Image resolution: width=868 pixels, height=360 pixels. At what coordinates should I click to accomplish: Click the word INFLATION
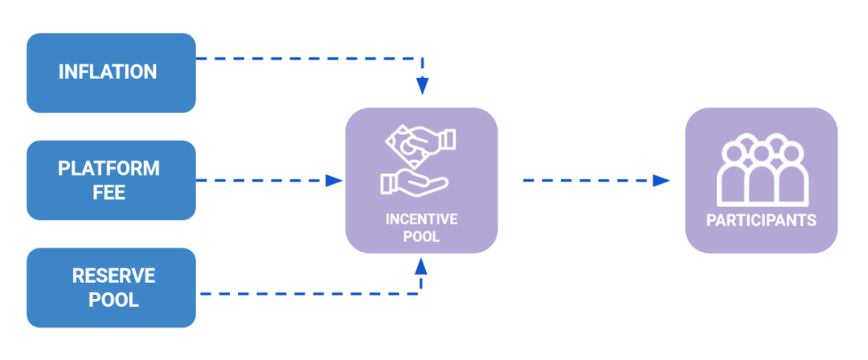tap(108, 72)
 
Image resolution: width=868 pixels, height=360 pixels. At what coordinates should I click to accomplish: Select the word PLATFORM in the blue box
tap(108, 169)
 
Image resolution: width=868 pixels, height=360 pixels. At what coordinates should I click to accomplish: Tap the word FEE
tap(108, 193)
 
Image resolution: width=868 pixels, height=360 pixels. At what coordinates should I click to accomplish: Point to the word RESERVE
tap(113, 276)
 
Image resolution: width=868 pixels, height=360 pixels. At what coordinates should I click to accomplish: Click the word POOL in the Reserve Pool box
tap(113, 301)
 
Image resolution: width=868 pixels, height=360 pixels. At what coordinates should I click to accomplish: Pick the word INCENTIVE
tap(422, 219)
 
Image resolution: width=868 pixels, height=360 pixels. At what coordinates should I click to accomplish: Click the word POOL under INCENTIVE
tap(422, 236)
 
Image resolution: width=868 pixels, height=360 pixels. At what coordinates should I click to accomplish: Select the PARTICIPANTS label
tap(761, 219)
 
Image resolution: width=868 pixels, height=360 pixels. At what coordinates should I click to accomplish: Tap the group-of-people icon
tap(761, 170)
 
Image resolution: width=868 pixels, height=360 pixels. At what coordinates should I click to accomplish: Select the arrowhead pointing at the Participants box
tap(661, 181)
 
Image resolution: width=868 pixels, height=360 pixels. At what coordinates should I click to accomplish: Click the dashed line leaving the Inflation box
tap(305, 58)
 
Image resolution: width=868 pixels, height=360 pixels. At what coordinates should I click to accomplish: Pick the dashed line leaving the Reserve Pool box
tap(305, 293)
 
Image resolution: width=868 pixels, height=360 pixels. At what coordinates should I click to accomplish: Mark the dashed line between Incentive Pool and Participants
tap(587, 181)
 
